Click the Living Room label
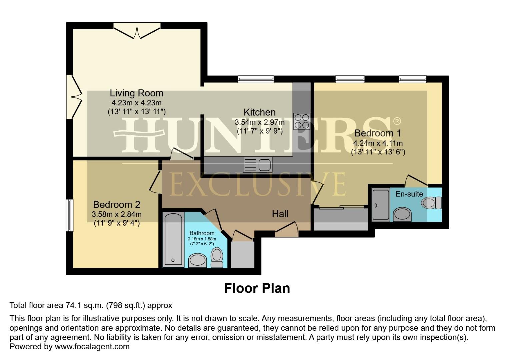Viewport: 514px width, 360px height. click(137, 93)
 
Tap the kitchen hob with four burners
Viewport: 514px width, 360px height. click(301, 121)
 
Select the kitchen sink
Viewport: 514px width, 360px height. click(258, 164)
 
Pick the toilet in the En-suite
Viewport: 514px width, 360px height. click(431, 203)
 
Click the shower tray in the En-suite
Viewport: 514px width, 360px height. click(381, 205)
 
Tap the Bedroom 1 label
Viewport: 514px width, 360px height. click(378, 133)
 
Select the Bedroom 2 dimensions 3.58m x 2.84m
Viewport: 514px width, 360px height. click(117, 214)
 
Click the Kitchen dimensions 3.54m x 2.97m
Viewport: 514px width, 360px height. click(260, 122)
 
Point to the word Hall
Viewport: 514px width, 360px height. click(280, 214)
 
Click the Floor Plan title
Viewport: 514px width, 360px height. click(257, 288)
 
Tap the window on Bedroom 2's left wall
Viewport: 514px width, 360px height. click(69, 215)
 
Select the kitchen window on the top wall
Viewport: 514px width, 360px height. click(256, 79)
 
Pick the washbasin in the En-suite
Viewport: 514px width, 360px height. click(402, 214)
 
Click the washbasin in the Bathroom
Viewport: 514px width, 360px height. click(198, 261)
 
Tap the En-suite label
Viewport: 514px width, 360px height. click(409, 194)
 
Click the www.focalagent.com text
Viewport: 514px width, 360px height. click(92, 347)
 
